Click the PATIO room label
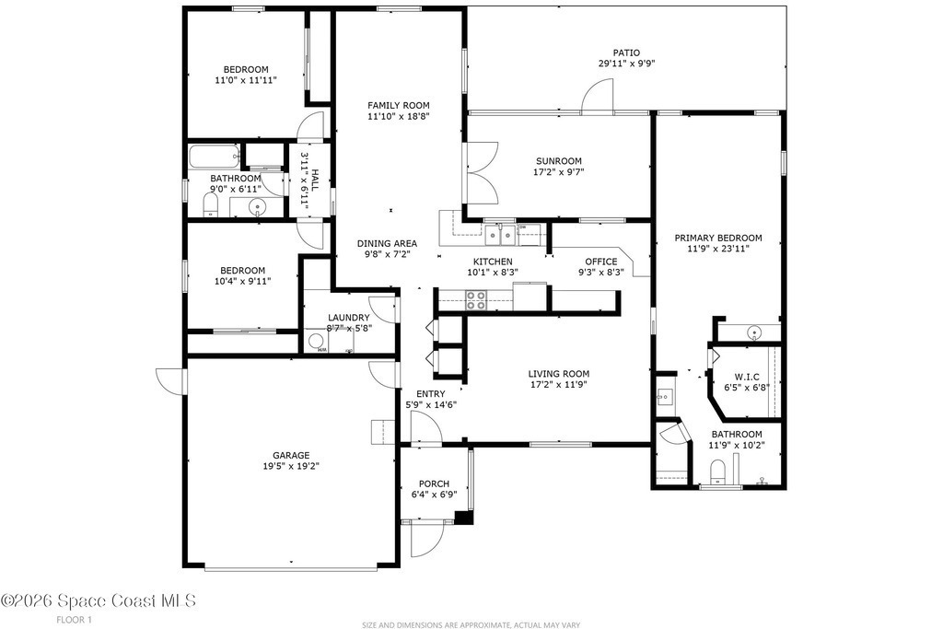626,52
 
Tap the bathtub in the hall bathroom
215,157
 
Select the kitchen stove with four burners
476,300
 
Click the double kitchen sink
501,233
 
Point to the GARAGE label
291,455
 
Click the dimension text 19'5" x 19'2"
291,465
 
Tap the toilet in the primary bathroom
717,471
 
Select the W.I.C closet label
746,377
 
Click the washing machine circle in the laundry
316,342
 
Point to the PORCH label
435,483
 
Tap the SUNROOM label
559,161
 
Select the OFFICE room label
601,262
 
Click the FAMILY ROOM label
399,106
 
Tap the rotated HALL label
315,181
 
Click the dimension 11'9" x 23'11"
718,249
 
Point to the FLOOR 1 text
74,620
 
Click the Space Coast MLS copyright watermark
98,600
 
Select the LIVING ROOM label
559,374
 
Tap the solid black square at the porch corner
462,518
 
